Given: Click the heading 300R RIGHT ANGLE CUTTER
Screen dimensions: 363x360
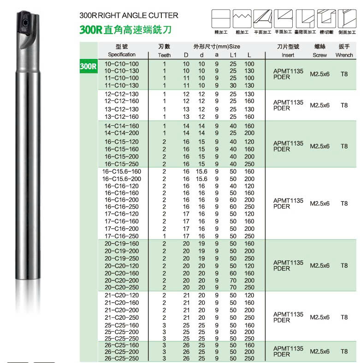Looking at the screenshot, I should (x=129, y=16).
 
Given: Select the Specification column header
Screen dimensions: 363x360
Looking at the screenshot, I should (x=122, y=55).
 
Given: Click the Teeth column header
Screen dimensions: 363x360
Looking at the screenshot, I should (x=164, y=55).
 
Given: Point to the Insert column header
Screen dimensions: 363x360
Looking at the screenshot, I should (x=288, y=55).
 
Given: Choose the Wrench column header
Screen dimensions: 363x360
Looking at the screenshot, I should (x=344, y=55).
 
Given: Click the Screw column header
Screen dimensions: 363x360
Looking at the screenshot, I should (x=319, y=55).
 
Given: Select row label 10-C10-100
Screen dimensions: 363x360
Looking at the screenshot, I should (x=122, y=64).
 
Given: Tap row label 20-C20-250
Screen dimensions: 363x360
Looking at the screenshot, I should (x=122, y=287).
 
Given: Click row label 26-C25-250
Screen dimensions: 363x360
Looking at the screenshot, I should (x=122, y=358).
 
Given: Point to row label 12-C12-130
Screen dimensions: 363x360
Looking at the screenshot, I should (x=122, y=94).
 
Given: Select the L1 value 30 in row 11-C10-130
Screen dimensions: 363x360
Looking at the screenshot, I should (x=233, y=86).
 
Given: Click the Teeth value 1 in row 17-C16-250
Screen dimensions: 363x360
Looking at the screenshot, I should (x=164, y=236).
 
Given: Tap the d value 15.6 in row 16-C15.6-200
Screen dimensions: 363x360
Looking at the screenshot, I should (x=201, y=179).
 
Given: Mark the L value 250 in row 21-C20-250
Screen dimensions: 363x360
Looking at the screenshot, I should (x=249, y=318).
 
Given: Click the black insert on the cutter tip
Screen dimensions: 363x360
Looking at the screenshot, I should (x=24, y=20).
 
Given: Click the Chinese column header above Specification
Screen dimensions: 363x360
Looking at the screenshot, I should (x=122, y=47).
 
